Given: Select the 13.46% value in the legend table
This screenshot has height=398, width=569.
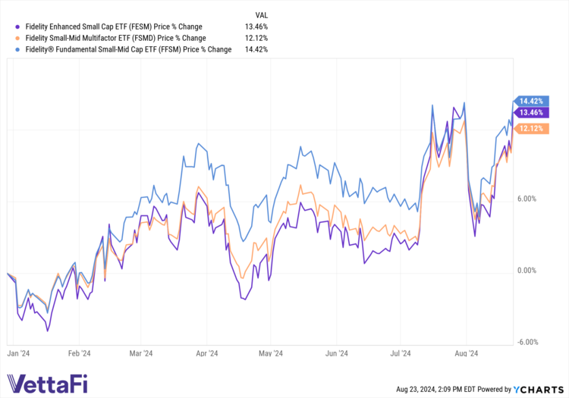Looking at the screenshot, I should click(x=255, y=25).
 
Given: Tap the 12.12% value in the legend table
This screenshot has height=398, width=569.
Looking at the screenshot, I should click(x=255, y=37).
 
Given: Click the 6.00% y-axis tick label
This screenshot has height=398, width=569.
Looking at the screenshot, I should click(x=527, y=199).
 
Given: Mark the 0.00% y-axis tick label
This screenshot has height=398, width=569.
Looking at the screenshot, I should click(x=527, y=271).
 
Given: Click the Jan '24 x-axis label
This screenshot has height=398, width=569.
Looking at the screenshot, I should click(x=18, y=353).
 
